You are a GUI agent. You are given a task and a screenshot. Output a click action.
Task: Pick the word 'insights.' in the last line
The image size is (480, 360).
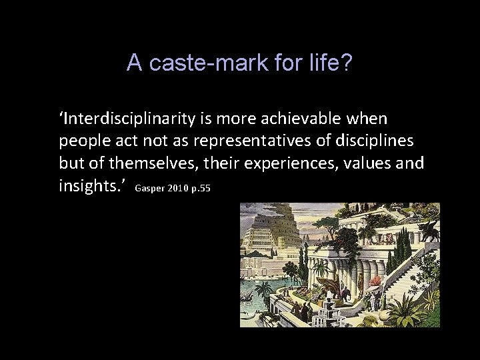coord(91,186)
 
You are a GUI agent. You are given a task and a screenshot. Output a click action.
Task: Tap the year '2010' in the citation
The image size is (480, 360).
coord(178,189)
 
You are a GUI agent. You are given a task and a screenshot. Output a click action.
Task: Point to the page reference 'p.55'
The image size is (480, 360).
coord(201,189)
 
